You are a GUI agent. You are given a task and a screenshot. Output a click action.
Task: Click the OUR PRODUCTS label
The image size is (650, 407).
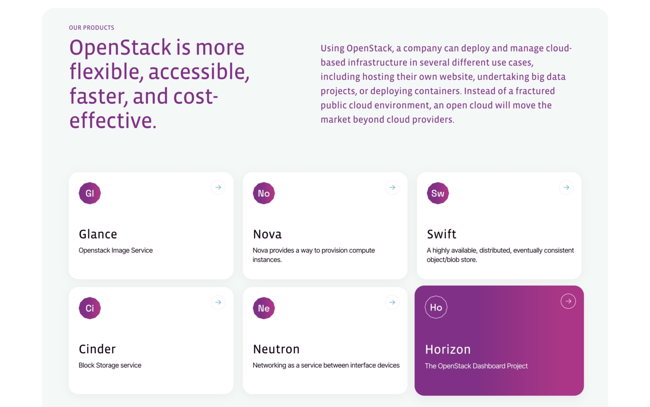(x=91, y=28)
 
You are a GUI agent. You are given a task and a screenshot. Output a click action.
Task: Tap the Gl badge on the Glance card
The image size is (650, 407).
(x=90, y=194)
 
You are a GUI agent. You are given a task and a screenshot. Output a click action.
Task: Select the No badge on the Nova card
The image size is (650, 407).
(x=264, y=194)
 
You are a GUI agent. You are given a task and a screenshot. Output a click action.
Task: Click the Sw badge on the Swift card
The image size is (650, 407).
(x=438, y=194)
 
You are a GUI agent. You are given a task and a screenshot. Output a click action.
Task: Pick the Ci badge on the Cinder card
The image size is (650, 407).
(x=90, y=308)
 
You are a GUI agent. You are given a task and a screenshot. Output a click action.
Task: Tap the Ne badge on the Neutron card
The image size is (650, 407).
(x=264, y=308)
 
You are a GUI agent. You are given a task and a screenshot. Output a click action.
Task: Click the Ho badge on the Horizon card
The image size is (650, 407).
(x=436, y=308)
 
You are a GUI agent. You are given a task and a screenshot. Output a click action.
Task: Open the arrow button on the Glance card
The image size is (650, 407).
(x=218, y=188)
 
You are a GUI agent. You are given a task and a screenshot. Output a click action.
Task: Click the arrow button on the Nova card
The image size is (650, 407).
(x=392, y=188)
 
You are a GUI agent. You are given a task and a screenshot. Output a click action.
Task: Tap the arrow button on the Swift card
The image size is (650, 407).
(x=566, y=188)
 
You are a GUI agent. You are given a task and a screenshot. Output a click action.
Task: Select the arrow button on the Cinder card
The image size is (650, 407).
(x=218, y=303)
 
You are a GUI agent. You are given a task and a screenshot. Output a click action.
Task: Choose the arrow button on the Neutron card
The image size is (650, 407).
(x=392, y=303)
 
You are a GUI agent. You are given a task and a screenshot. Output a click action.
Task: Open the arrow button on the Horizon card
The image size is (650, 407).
(x=568, y=301)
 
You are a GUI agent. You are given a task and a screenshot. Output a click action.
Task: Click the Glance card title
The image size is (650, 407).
(x=98, y=234)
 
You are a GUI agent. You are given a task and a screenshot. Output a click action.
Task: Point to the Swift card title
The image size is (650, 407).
(x=441, y=234)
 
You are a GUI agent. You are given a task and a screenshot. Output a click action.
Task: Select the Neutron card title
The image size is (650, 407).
(x=276, y=349)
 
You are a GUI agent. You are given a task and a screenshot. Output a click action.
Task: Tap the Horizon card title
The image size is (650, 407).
(x=448, y=350)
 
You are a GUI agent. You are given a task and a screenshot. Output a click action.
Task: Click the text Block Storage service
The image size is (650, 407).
(x=110, y=365)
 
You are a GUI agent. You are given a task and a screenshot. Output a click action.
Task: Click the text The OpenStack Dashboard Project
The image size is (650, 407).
(x=476, y=366)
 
